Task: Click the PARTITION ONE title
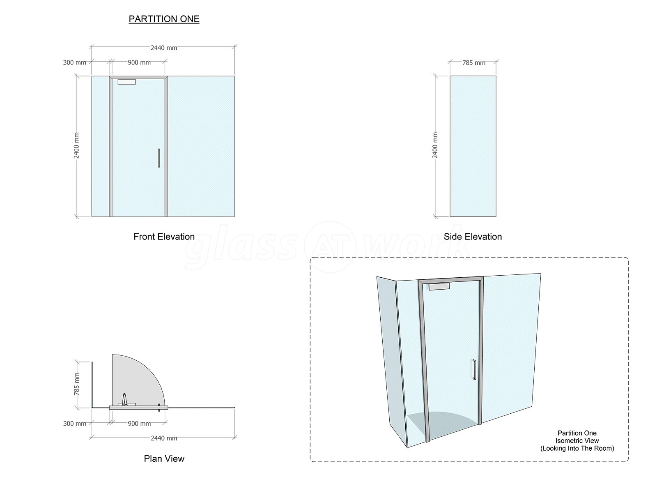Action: click(x=164, y=19)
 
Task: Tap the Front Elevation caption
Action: click(x=164, y=237)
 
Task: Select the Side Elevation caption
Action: click(x=473, y=237)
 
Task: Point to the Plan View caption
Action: click(x=164, y=458)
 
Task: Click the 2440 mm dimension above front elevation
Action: click(x=164, y=48)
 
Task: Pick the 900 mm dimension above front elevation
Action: click(x=139, y=62)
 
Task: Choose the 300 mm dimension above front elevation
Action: click(x=75, y=62)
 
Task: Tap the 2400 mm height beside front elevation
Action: click(x=77, y=145)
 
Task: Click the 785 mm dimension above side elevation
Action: click(x=474, y=63)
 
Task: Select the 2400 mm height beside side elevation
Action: click(x=435, y=145)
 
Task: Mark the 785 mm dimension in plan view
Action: click(x=77, y=384)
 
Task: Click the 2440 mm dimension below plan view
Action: click(x=164, y=438)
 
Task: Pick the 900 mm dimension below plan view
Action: click(x=139, y=424)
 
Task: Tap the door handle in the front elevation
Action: click(x=159, y=158)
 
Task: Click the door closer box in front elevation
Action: click(x=126, y=82)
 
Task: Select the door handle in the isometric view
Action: click(x=474, y=370)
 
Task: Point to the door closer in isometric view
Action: click(x=439, y=287)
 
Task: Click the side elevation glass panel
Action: click(x=473, y=146)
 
